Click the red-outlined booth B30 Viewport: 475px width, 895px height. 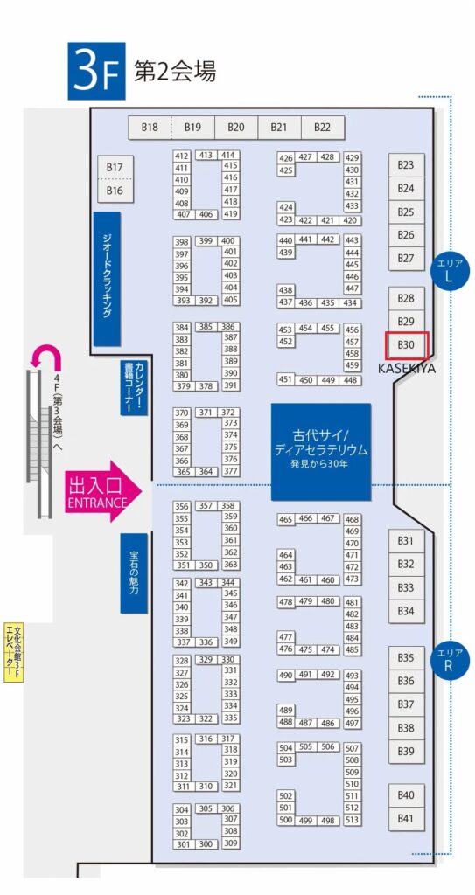(407, 344)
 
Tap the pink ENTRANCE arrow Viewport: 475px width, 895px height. (103, 491)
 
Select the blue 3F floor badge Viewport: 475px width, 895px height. (96, 72)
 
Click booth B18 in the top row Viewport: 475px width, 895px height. (150, 128)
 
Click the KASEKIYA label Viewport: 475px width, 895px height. (407, 369)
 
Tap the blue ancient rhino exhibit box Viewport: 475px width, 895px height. (321, 452)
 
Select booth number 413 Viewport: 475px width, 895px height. (206, 156)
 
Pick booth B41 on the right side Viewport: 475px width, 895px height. (406, 819)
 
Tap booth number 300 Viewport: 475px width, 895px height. (206, 844)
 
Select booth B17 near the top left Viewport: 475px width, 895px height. (115, 167)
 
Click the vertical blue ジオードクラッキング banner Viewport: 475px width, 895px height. (107, 279)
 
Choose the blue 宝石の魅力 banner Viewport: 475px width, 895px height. (134, 573)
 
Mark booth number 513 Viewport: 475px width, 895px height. (353, 820)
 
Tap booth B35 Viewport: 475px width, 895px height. (406, 658)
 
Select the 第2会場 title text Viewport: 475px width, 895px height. (175, 72)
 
